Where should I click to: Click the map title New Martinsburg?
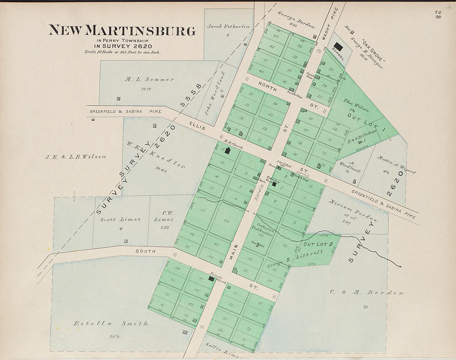coord(122,31)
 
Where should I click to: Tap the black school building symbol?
coord(338,47)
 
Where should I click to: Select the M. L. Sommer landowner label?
coord(150,79)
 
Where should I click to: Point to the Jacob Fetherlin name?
coord(228,27)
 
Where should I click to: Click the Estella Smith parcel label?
coord(110,324)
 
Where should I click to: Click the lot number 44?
coord(226,221)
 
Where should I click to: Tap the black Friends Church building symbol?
coord(211,279)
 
